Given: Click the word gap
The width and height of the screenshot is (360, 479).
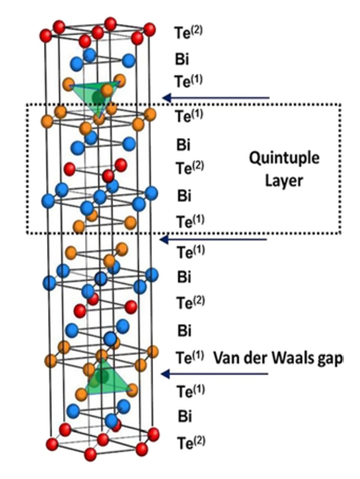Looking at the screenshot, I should (329, 359).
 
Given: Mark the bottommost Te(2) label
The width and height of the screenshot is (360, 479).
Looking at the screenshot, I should (188, 442).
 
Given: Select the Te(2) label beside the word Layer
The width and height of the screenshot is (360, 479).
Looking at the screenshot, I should (188, 168).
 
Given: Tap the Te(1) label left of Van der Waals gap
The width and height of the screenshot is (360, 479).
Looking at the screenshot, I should (188, 356).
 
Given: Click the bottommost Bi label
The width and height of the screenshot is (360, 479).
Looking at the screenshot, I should (183, 416).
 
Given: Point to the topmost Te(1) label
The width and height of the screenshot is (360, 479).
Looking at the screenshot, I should (188, 81).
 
